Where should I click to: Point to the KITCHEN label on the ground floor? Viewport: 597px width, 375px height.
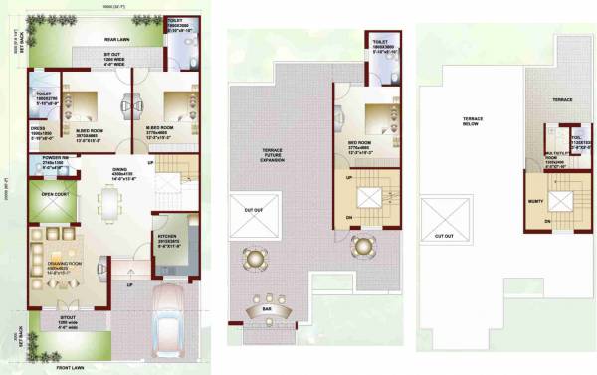(166, 236)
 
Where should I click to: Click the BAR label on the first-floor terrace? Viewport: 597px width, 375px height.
(267, 309)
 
